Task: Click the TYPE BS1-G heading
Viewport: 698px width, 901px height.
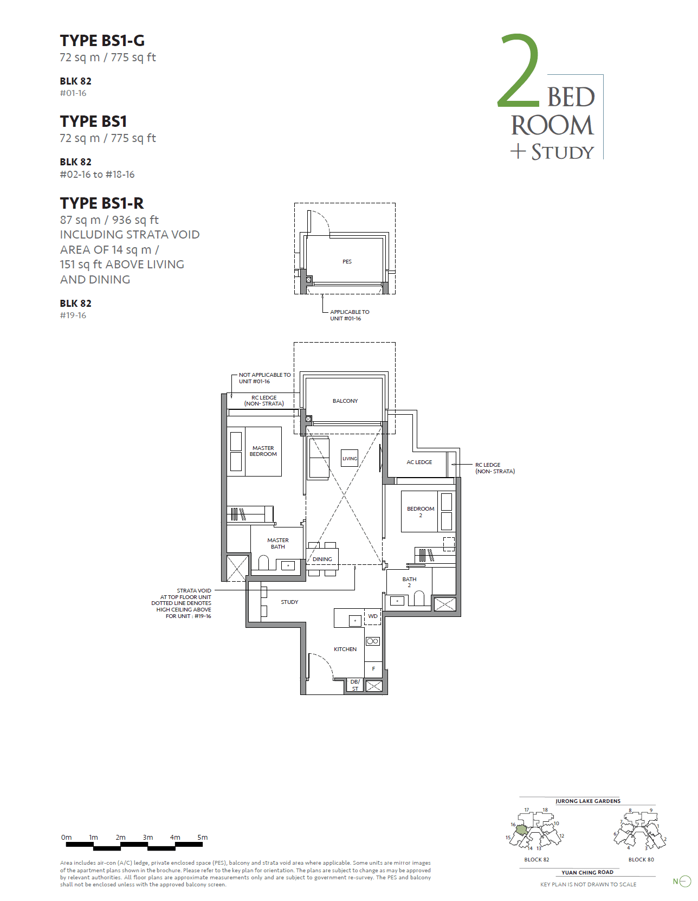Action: coord(102,41)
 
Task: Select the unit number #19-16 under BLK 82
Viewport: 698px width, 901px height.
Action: coord(73,316)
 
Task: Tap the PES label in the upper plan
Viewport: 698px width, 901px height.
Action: coord(347,262)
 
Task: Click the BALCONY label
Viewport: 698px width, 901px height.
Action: coord(345,401)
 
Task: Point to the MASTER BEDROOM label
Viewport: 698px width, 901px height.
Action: coord(263,451)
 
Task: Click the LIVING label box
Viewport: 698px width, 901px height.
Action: coord(350,458)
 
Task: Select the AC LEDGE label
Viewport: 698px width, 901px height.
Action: coord(419,462)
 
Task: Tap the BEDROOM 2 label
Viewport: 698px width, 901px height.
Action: coord(421,512)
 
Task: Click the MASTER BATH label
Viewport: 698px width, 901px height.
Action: coord(277,543)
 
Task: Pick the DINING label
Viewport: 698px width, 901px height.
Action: coord(322,559)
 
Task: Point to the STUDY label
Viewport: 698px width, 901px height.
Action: coord(289,602)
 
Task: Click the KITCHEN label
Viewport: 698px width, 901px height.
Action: coord(345,649)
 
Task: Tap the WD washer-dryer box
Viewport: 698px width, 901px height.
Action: coord(373,616)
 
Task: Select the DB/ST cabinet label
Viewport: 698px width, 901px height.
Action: coord(355,685)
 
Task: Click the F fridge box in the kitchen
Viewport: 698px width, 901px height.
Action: coord(373,669)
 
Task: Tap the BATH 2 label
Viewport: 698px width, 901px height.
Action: coord(409,582)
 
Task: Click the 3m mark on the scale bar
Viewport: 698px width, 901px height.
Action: coord(148,838)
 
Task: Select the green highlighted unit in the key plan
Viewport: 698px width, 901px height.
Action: coord(521,830)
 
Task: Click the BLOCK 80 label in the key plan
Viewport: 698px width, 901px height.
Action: coord(641,860)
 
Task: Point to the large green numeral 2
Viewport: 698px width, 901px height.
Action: coord(519,70)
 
